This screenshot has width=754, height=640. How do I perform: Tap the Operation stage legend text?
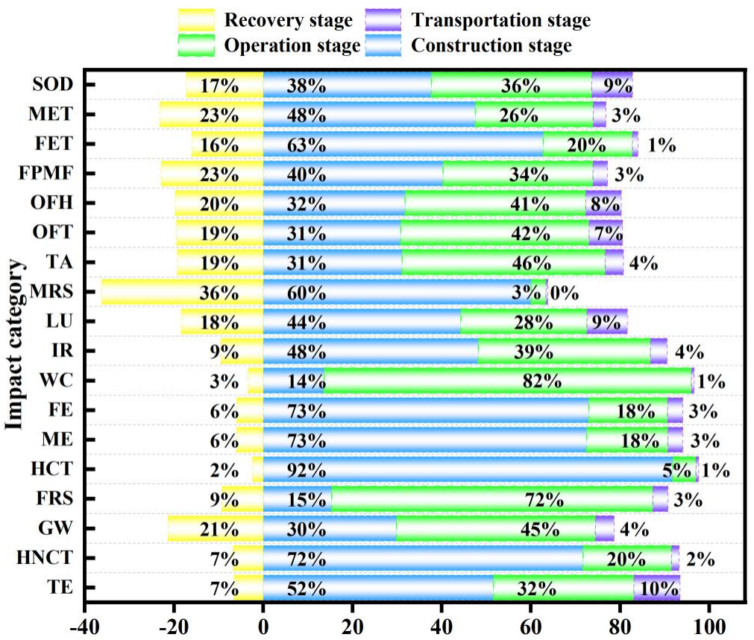[292, 46]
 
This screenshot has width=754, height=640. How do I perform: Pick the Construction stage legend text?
[491, 46]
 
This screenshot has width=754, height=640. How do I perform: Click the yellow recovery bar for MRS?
[182, 291]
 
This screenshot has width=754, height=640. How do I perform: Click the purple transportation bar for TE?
[656, 589]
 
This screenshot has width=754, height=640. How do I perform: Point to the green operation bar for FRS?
[492, 499]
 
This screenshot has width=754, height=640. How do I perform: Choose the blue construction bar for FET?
[403, 144]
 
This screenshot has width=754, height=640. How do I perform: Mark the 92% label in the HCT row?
[307, 471]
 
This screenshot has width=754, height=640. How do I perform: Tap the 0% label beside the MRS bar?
[564, 292]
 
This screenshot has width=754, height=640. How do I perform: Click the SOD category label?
[53, 84]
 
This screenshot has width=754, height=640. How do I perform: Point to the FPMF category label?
[48, 174]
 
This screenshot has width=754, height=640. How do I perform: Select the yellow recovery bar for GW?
[216, 529]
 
